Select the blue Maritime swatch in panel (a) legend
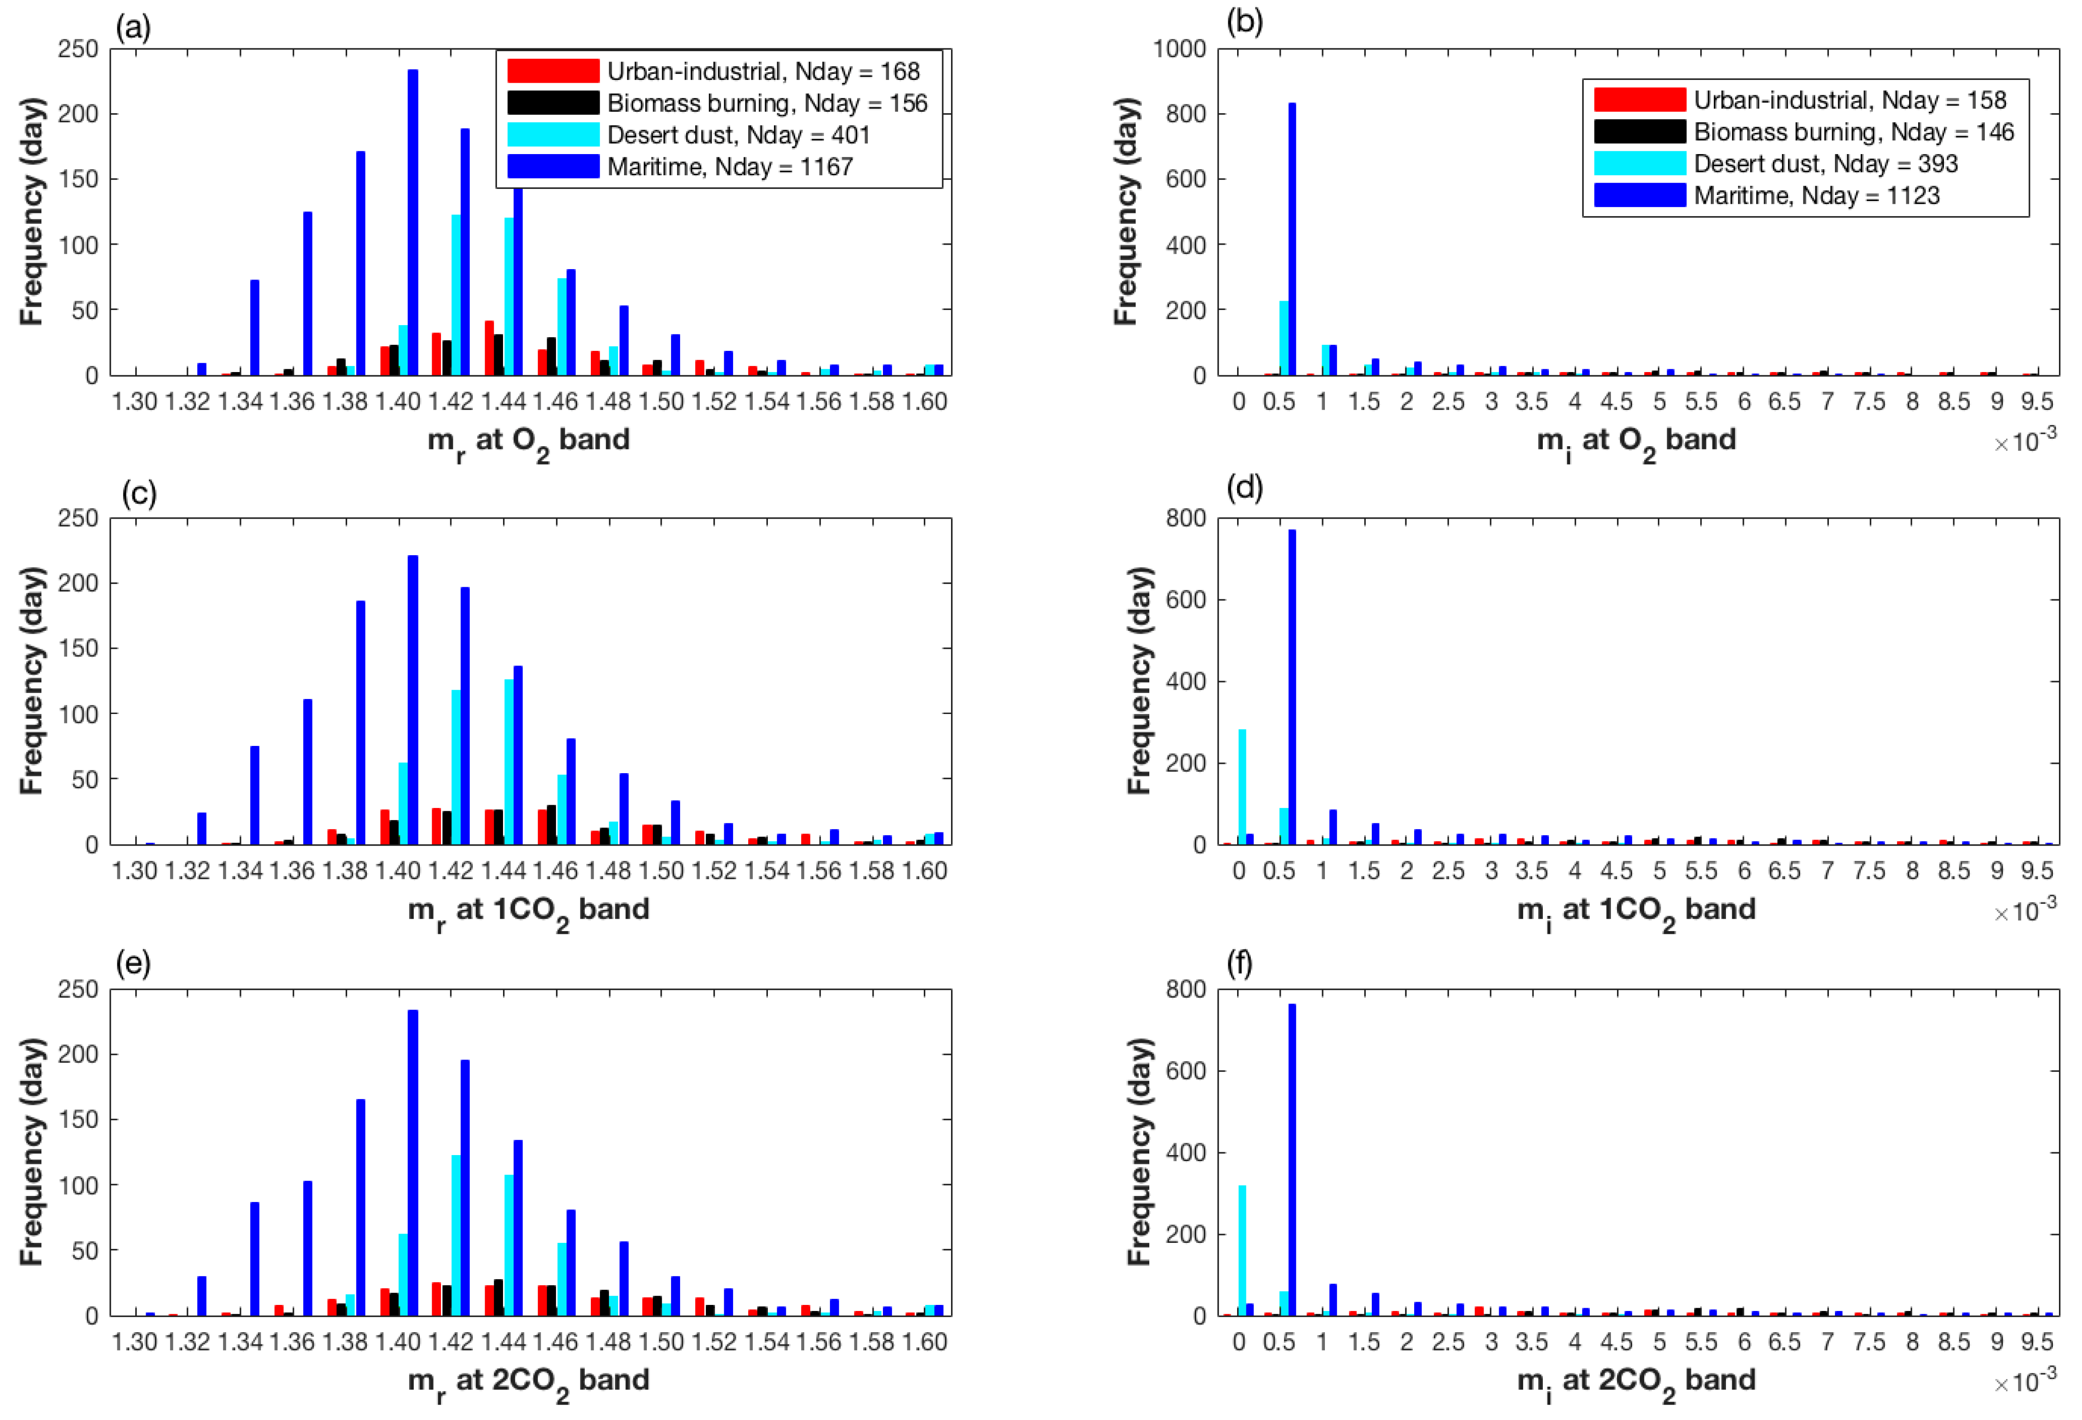pyautogui.click(x=553, y=167)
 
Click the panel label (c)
pyautogui.click(x=139, y=494)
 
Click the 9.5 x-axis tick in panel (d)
pyautogui.click(x=2036, y=871)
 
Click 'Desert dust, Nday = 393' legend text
pyautogui.click(x=1825, y=164)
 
